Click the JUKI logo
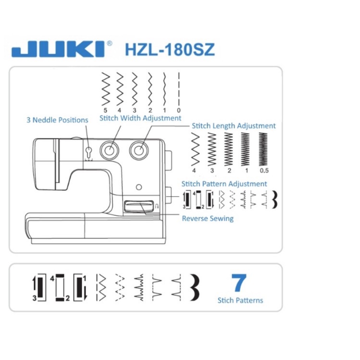tap(58, 49)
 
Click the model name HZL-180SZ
tap(170, 50)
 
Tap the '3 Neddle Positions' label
tap(57, 120)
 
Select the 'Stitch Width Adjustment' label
tap(140, 118)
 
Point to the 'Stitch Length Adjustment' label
tap(234, 126)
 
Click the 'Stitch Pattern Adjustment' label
tap(224, 184)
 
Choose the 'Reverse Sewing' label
tap(208, 218)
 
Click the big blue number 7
tap(239, 283)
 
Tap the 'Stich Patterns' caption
tap(240, 300)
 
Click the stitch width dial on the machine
tap(109, 150)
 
